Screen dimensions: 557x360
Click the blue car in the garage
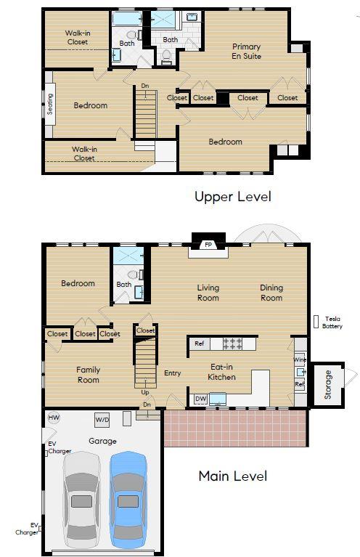(128, 499)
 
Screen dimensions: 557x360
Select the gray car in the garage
(81, 500)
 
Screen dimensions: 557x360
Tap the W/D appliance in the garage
(102, 420)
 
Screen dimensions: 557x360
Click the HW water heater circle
(54, 418)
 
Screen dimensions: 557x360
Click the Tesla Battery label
(332, 322)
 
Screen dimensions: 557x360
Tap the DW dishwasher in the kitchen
(200, 399)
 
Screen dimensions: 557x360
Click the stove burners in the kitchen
(233, 343)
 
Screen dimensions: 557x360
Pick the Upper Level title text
(232, 196)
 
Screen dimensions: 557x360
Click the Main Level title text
(232, 476)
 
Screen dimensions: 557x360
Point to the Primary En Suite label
(246, 51)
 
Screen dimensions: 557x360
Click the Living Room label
(208, 293)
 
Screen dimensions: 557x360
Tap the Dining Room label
(271, 293)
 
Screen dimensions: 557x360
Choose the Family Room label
(89, 375)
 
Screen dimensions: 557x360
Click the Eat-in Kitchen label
(222, 372)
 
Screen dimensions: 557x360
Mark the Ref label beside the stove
(199, 343)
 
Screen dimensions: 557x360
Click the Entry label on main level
(172, 373)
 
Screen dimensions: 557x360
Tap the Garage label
(102, 441)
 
